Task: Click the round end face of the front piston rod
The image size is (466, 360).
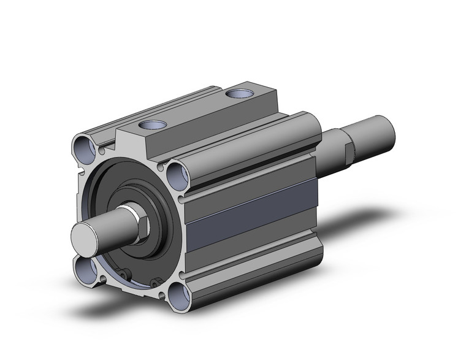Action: [x=85, y=236]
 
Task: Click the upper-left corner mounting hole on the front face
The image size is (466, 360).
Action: [x=84, y=147]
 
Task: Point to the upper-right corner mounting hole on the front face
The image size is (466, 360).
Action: [x=177, y=174]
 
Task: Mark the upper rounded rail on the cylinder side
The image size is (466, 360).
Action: [x=251, y=150]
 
